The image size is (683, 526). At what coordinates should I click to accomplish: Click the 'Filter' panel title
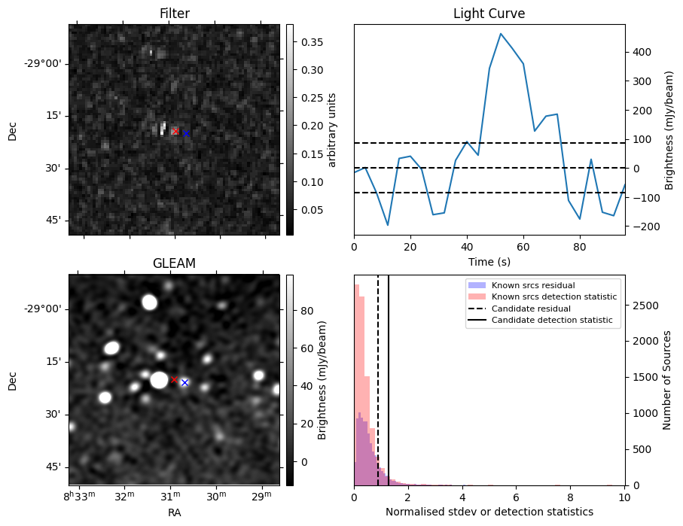click(x=174, y=14)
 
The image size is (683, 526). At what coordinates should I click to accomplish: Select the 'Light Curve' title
click(x=489, y=14)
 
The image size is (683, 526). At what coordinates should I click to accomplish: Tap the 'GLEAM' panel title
click(x=174, y=263)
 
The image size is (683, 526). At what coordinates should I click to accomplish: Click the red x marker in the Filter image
click(x=175, y=131)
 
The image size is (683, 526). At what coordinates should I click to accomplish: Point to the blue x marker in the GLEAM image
click(x=184, y=382)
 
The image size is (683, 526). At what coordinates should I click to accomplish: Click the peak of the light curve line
click(x=501, y=34)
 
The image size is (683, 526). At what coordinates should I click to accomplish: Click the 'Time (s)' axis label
click(x=489, y=260)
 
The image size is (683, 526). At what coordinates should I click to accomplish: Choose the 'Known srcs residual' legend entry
click(x=532, y=286)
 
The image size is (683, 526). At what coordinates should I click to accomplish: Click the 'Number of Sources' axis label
click(x=667, y=380)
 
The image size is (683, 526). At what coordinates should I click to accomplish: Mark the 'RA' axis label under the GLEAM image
click(x=174, y=512)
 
